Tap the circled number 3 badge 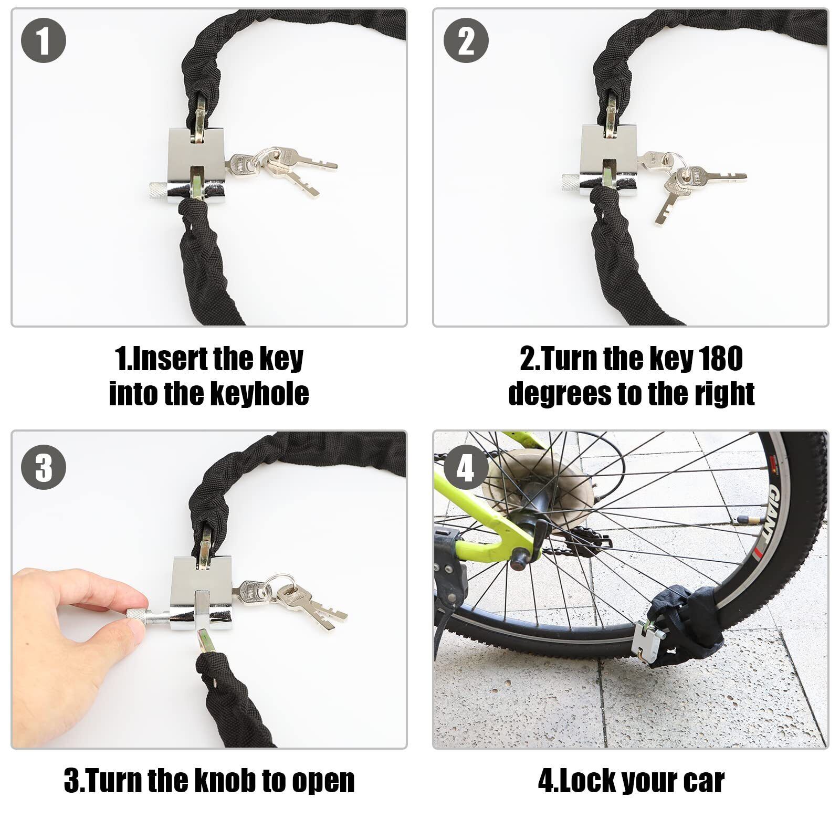click(44, 466)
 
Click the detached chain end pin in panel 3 click(204, 643)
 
